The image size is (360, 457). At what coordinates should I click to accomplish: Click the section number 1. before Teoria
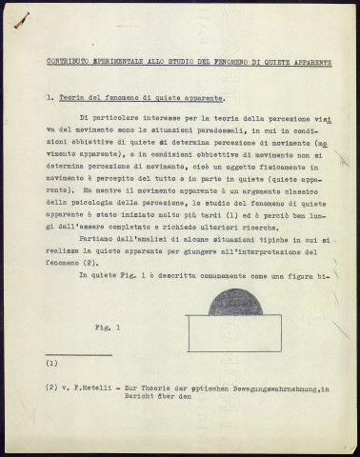click(x=50, y=97)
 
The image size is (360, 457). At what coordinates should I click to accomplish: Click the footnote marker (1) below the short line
click(x=52, y=363)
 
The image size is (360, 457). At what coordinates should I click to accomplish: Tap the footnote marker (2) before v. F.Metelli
click(x=52, y=387)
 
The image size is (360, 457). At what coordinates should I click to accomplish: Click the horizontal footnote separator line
click(x=78, y=354)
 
